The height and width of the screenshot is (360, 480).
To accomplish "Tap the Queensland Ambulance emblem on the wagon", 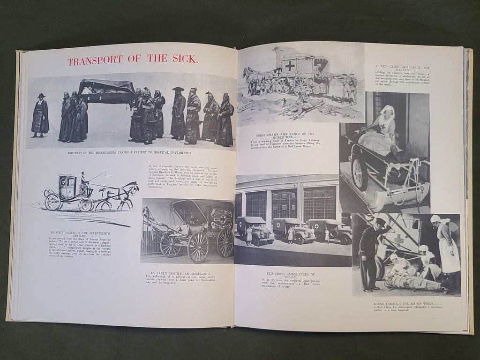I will [220, 219].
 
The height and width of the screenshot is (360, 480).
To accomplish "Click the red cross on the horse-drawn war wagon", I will [290, 67].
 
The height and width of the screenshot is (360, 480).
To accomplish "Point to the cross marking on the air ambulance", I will [399, 240].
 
